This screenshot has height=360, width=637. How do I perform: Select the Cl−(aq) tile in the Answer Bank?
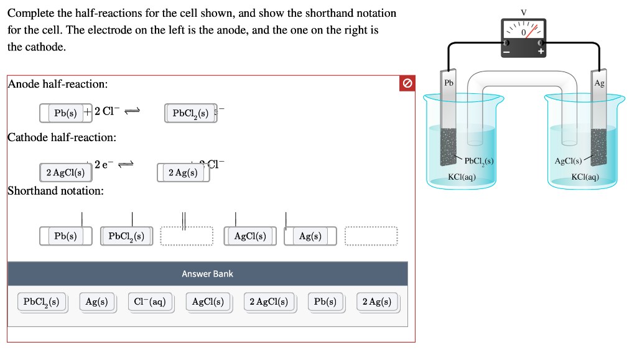150,302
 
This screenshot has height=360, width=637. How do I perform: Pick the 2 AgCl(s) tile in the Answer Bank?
268,302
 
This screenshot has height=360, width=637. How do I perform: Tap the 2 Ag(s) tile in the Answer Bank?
377,302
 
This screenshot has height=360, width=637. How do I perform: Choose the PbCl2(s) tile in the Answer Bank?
41,302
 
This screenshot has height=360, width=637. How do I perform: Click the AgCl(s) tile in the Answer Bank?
208,302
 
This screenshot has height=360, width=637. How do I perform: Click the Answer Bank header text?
207,274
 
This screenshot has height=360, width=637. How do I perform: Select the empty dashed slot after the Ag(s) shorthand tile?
371,236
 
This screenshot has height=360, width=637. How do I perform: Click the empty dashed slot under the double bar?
187,236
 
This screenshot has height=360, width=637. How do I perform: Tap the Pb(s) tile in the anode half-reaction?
65,113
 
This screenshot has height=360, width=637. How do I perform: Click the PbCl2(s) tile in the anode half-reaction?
190,113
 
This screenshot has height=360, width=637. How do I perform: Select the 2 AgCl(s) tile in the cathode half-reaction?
65,172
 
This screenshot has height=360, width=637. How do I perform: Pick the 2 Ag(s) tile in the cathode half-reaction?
183,172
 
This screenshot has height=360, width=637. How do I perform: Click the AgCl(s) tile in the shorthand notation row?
250,236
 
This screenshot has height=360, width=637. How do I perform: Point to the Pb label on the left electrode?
449,83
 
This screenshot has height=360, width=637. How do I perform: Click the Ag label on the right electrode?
599,83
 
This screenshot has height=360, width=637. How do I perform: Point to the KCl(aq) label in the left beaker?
462,177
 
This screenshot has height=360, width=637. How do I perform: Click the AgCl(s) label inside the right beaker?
568,162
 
